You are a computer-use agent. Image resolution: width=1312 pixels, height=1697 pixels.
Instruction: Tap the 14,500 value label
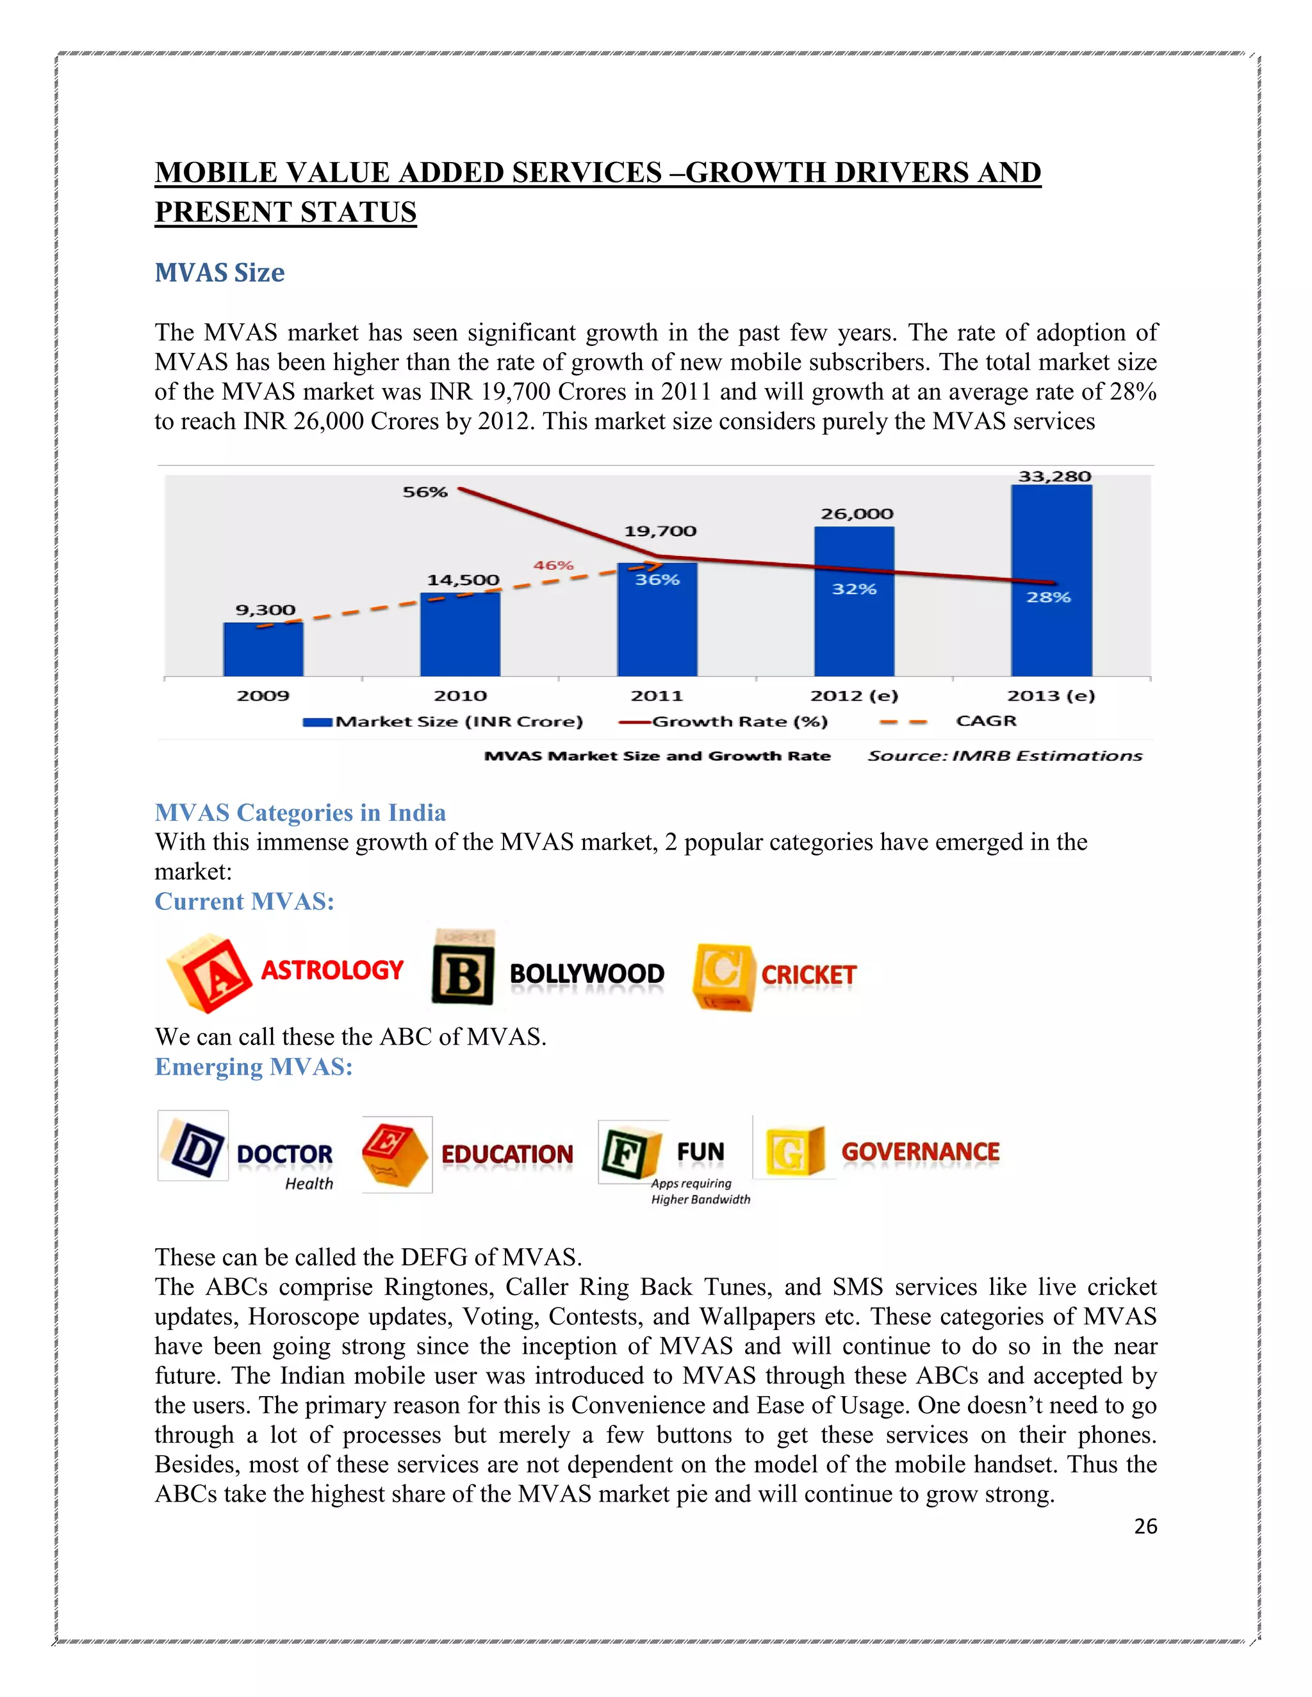pos(463,580)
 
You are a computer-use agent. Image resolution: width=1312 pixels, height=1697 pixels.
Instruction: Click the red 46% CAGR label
pos(553,565)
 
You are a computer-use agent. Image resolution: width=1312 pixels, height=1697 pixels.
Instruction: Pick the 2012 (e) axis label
pos(853,695)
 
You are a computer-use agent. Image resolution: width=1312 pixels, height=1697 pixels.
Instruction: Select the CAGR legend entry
pos(985,721)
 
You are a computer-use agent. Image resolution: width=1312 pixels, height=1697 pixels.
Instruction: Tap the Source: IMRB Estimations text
pos(1004,756)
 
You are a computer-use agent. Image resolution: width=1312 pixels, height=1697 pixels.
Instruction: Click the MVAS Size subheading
pos(219,273)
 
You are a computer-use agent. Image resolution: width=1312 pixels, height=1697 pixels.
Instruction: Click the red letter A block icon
pos(208,973)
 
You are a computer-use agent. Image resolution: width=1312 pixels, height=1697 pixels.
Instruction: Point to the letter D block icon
pos(193,1147)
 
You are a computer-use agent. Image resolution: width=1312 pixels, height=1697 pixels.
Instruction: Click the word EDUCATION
pos(507,1154)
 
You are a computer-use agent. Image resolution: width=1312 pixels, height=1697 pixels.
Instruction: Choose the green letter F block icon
pos(630,1152)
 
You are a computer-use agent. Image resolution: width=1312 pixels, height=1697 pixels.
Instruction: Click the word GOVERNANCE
pos(921,1151)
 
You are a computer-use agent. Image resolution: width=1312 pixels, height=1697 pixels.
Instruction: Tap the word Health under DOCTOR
pos(309,1183)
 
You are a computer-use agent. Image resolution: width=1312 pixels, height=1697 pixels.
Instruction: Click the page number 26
pos(1145,1526)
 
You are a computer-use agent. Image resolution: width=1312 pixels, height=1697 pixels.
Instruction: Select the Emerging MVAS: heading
pos(254,1067)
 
